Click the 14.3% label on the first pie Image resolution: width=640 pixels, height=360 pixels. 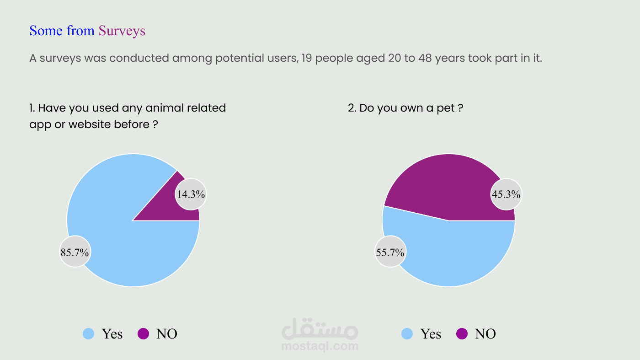pos(191,194)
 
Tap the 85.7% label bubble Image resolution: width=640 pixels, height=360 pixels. pos(75,252)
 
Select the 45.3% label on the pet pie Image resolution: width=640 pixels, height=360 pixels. pos(506,194)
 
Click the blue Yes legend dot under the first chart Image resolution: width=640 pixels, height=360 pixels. pos(89,334)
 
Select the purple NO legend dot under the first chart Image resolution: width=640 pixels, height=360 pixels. pos(143,334)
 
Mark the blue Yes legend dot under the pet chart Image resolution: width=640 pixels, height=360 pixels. pos(407,334)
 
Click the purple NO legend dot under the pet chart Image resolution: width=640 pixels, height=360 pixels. pos(462,334)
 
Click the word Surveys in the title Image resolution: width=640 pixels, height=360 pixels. pos(122,31)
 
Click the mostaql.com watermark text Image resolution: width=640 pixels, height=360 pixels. pos(320,346)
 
